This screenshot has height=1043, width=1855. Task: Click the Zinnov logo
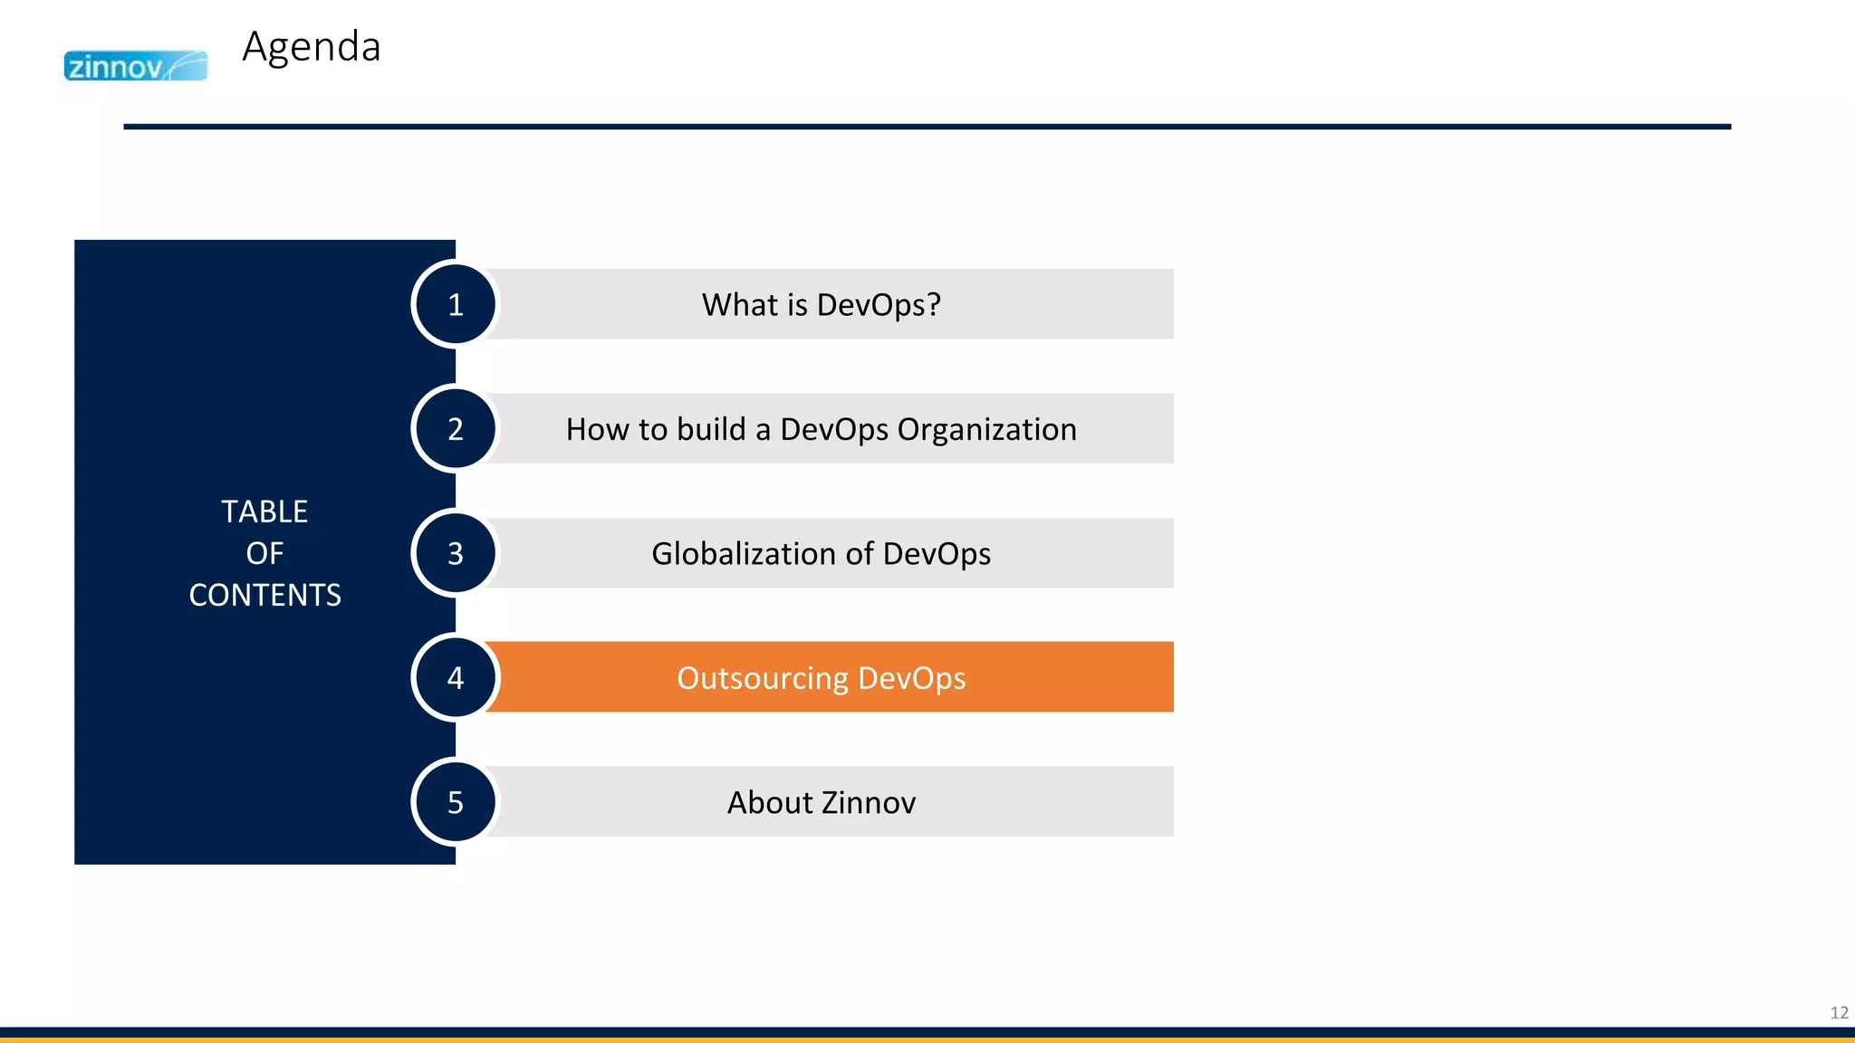pyautogui.click(x=136, y=66)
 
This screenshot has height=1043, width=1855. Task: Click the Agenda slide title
pyautogui.click(x=312, y=47)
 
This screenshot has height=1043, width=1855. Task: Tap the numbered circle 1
pyautogui.click(x=456, y=304)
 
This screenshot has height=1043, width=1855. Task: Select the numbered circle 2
pyautogui.click(x=456, y=428)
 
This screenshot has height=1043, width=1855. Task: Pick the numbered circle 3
pyautogui.click(x=456, y=553)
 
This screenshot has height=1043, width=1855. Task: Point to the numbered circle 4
pyautogui.click(x=456, y=677)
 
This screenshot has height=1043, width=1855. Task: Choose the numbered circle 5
pyautogui.click(x=456, y=802)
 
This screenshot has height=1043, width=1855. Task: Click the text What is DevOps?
pyautogui.click(x=821, y=305)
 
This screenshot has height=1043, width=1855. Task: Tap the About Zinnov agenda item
pyautogui.click(x=821, y=803)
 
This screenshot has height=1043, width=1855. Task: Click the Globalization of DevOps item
pyautogui.click(x=821, y=553)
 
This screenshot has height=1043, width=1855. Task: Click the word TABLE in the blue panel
pyautogui.click(x=264, y=512)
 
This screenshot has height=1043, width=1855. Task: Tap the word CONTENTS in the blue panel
pyautogui.click(x=264, y=595)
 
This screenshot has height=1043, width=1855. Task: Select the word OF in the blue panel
pyautogui.click(x=264, y=553)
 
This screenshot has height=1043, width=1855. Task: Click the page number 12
pyautogui.click(x=1839, y=1012)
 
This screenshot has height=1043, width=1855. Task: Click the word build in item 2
pyautogui.click(x=711, y=429)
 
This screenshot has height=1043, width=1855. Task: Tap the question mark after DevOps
pyautogui.click(x=934, y=305)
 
